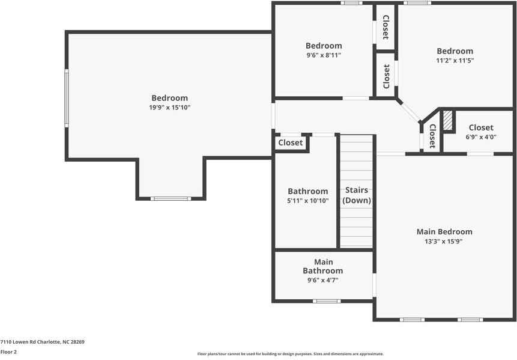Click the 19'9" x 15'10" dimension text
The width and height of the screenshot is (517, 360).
pos(169,108)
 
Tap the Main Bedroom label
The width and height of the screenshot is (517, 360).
pos(444,231)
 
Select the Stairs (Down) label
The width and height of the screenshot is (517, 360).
pos(357,195)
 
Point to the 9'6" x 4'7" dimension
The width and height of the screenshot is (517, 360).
pos(323,280)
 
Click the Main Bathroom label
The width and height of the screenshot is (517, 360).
pos(323,266)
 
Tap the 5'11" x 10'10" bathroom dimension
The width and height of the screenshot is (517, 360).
pos(307,201)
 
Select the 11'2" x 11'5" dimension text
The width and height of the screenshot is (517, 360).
pos(455,61)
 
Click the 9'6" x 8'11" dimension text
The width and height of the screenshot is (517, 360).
pos(324,55)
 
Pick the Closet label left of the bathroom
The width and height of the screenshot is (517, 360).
pos(291,143)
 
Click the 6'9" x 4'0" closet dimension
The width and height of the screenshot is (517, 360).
pos(481,137)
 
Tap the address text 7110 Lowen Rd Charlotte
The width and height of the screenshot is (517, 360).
pos(42,341)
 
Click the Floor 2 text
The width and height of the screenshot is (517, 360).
pos(8,352)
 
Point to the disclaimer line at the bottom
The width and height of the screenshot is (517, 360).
pos(290,354)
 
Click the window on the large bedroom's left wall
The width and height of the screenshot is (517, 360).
pos(67,98)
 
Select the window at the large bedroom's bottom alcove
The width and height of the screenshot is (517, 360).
pos(170,198)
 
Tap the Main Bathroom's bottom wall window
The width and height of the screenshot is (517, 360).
pos(326,301)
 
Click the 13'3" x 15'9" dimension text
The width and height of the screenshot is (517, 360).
pos(444,241)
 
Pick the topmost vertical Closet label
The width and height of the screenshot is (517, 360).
pos(385,26)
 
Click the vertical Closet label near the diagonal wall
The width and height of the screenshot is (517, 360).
pos(432,136)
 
